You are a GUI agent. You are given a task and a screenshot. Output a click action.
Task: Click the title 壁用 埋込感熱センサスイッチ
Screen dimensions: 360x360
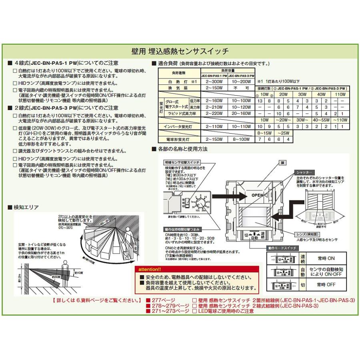180,51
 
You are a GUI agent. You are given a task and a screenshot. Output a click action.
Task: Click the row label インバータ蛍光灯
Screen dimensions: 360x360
179,126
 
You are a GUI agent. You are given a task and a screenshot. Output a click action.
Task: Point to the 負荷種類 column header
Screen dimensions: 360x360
179,73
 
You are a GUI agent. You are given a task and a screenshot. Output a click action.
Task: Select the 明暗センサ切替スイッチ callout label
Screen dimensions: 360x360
181,163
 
